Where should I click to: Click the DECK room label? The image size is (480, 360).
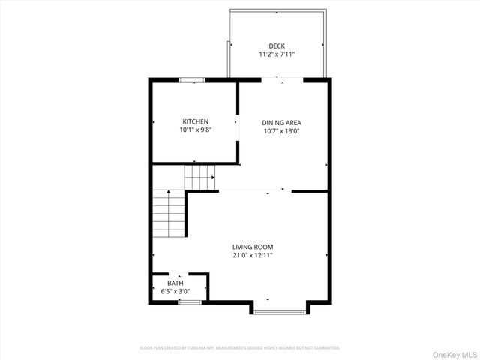tap(277, 46)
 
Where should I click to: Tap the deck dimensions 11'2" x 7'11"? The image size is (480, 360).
tap(277, 55)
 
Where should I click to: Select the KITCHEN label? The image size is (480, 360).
tap(195, 121)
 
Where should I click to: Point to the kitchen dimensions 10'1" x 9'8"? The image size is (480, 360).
tap(195, 130)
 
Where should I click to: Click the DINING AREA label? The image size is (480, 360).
tap(281, 122)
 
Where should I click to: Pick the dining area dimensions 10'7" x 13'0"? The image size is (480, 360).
tap(281, 130)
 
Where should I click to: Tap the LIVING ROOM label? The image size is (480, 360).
tap(252, 247)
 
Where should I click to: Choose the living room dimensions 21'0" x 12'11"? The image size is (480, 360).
tap(252, 255)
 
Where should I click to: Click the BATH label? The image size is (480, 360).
tap(174, 283)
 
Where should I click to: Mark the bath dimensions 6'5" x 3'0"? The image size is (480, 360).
tap(175, 291)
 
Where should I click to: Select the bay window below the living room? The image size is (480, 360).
tap(280, 310)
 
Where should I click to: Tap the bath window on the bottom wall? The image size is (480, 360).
tap(190, 301)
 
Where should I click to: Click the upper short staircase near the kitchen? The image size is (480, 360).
tap(199, 178)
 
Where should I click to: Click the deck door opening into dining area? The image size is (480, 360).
tap(282, 79)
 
